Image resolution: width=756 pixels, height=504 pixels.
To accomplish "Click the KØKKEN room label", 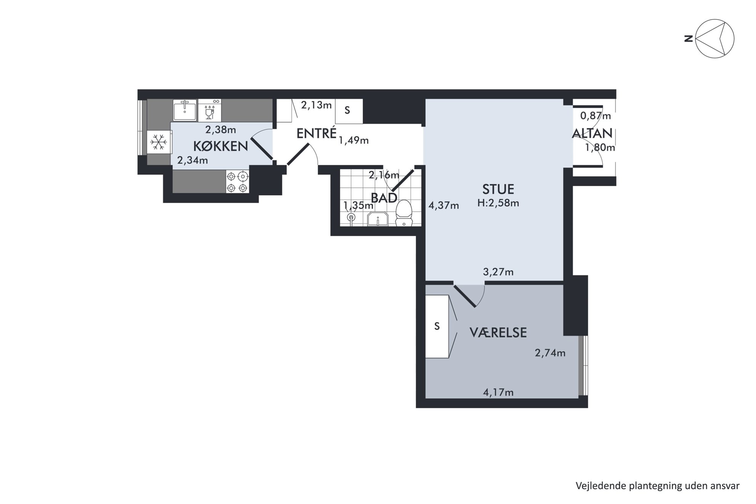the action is pyautogui.click(x=221, y=146).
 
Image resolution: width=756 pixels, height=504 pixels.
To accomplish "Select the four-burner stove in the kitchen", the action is pyautogui.click(x=237, y=182).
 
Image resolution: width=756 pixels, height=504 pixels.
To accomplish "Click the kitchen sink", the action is pyautogui.click(x=185, y=110).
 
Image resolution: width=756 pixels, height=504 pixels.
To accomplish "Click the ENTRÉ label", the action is pyautogui.click(x=316, y=133).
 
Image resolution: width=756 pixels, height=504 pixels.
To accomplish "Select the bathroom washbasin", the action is pyautogui.click(x=378, y=220).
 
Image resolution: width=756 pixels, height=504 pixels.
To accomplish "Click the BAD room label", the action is pyautogui.click(x=384, y=198).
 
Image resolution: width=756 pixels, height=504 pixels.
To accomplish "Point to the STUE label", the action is pyautogui.click(x=498, y=189).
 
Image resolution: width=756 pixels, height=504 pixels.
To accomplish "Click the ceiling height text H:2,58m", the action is pyautogui.click(x=498, y=203).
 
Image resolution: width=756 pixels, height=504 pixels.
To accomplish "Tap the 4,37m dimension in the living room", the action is pyautogui.click(x=444, y=206).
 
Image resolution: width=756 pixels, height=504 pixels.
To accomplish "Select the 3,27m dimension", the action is pyautogui.click(x=498, y=272).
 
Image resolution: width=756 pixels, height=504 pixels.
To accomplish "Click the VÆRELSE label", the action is pyautogui.click(x=498, y=333).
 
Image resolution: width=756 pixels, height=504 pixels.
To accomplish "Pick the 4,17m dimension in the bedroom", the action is pyautogui.click(x=498, y=392).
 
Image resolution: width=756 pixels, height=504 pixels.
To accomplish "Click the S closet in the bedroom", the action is pyautogui.click(x=437, y=326).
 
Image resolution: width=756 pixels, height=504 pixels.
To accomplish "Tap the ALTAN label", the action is pyautogui.click(x=592, y=133).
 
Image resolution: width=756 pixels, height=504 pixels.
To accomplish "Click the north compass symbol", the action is pyautogui.click(x=714, y=39).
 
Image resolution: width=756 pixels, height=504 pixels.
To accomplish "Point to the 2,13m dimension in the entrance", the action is pyautogui.click(x=316, y=105).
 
